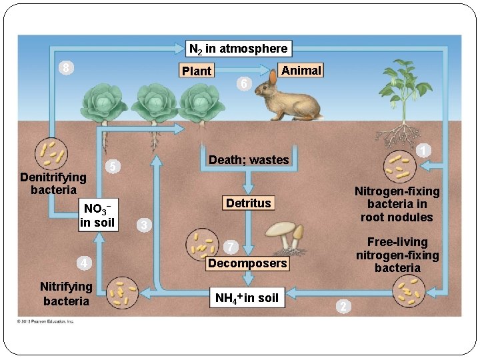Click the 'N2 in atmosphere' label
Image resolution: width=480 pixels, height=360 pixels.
[x=238, y=49]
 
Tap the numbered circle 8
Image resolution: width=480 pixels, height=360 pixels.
[x=64, y=68]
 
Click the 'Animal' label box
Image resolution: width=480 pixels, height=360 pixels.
[x=301, y=71]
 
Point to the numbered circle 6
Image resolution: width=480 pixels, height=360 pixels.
[x=244, y=85]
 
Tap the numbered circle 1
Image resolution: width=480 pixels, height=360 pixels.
[x=423, y=151]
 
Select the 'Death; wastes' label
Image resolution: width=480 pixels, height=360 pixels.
[x=249, y=160]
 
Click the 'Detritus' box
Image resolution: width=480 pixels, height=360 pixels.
[x=249, y=203]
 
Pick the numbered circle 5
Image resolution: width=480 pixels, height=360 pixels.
[x=114, y=166]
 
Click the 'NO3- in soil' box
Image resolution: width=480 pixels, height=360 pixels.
[x=97, y=215]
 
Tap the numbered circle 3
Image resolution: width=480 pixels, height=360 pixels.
[x=143, y=225]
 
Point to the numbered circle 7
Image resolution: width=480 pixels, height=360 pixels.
[x=229, y=247]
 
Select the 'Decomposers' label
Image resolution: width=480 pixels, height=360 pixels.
[x=248, y=263]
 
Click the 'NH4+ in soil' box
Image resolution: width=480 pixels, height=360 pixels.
[x=247, y=297]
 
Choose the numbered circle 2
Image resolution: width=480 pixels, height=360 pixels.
[x=342, y=306]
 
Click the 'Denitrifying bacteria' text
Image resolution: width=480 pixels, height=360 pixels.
[x=53, y=183]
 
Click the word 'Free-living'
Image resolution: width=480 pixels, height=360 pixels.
[x=397, y=242]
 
